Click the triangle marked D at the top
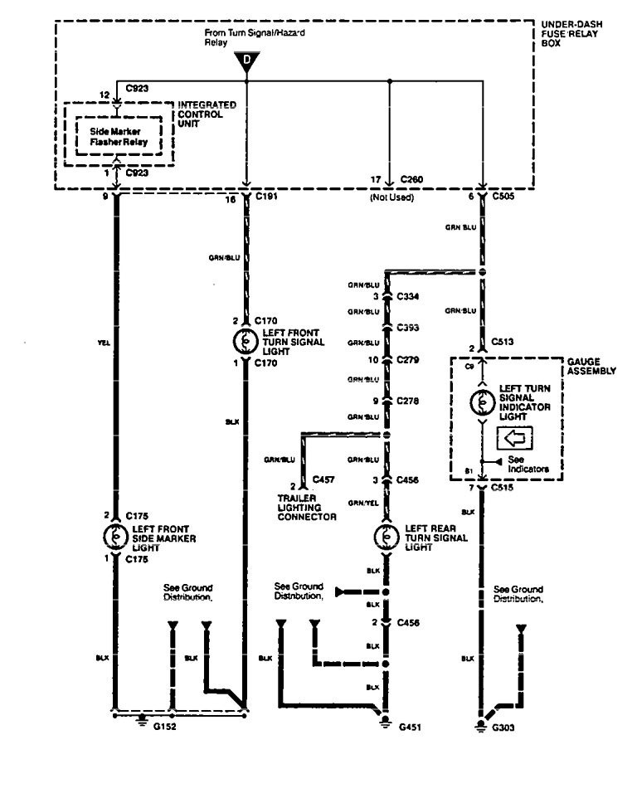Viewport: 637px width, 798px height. click(246, 61)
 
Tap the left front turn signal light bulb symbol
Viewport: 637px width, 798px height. click(246, 340)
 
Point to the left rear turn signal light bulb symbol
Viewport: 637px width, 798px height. click(387, 536)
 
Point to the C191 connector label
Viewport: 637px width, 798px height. click(267, 199)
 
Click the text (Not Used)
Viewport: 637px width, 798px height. click(391, 199)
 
